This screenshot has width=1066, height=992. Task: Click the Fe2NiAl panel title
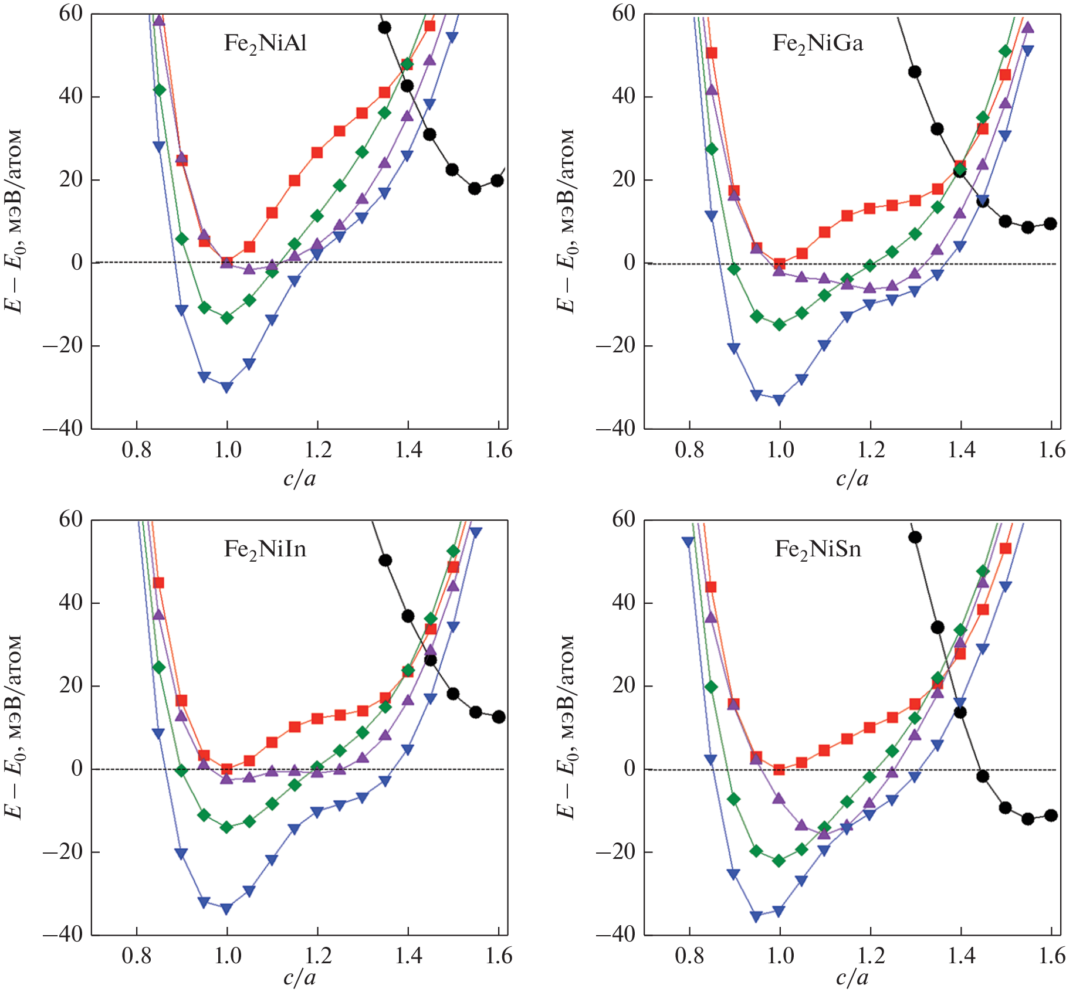click(265, 44)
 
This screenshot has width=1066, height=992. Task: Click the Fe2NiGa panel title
click(818, 44)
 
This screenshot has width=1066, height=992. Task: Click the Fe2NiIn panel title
click(265, 549)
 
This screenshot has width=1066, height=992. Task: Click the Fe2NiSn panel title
click(818, 549)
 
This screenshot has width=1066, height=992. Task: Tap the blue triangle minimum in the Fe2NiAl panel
click(226, 387)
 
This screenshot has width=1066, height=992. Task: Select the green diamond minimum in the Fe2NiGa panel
click(779, 324)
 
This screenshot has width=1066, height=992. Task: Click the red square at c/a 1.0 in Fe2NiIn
click(226, 769)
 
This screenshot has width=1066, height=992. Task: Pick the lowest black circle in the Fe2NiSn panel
click(1027, 819)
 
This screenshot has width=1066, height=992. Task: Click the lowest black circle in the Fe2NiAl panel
click(475, 188)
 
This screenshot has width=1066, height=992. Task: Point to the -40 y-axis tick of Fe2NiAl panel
click(63, 429)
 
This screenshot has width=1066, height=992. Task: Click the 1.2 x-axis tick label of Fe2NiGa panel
click(871, 450)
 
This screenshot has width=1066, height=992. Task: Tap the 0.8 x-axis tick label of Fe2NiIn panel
click(136, 956)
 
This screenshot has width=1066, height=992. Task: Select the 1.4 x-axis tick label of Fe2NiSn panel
click(962, 956)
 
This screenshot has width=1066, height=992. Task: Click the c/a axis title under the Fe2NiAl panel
click(299, 479)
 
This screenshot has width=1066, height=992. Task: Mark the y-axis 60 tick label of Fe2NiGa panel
click(623, 13)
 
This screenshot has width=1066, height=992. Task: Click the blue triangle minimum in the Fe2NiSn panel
click(756, 916)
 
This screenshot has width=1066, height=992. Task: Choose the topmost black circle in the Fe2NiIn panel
click(385, 560)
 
